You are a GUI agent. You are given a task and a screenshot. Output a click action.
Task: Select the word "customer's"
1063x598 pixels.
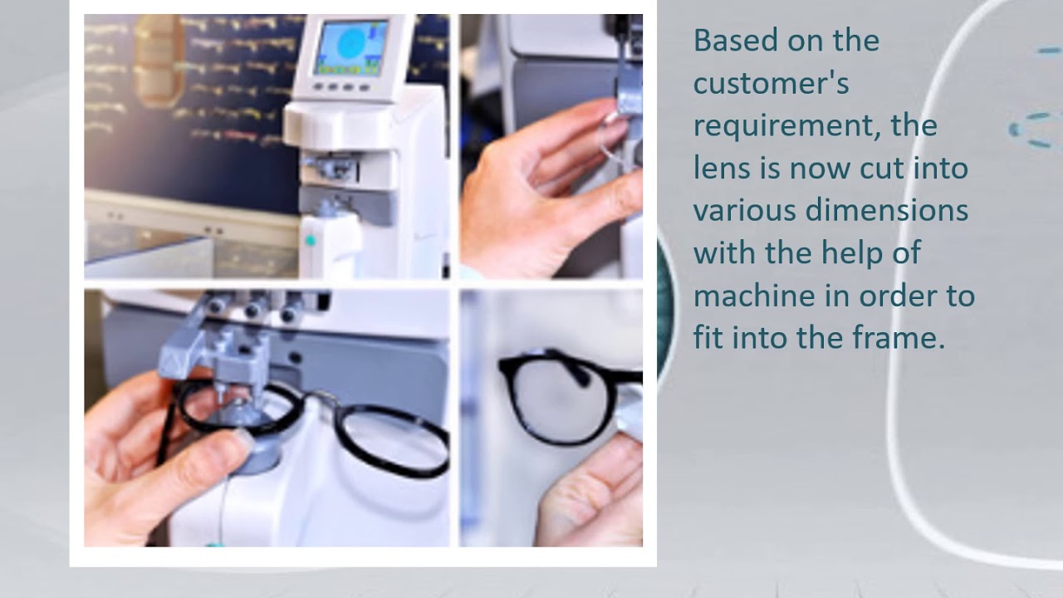coord(772,83)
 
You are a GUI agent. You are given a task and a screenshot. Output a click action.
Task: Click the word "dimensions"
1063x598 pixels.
coord(886,210)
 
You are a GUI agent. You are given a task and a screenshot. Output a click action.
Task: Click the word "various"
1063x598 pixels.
coord(745,211)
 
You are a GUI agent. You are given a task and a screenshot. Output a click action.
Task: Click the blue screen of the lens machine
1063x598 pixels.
coord(350,47)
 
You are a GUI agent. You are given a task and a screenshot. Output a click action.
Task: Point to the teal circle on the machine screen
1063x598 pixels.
coord(351,42)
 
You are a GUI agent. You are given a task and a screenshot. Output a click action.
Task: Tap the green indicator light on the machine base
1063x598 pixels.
coord(311,241)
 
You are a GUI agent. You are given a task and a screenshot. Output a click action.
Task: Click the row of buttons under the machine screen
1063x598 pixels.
coord(341,87)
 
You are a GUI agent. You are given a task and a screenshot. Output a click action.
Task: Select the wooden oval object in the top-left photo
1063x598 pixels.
coord(158,60)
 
